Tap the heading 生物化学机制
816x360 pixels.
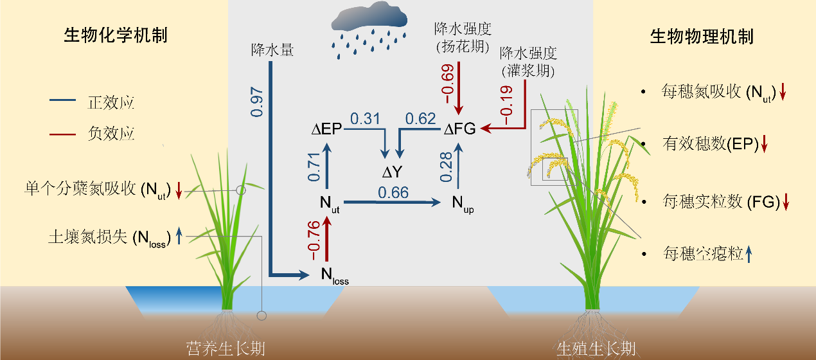point(116,35)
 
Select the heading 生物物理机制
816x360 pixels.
point(702,36)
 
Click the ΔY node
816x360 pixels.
point(391,172)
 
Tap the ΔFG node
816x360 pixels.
point(460,130)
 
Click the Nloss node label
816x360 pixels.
point(334,276)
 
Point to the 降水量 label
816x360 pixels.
point(272,50)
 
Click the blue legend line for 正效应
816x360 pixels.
point(66,101)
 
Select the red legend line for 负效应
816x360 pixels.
point(66,134)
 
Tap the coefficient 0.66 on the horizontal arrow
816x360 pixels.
point(393,192)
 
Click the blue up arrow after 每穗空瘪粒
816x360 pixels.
point(749,255)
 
